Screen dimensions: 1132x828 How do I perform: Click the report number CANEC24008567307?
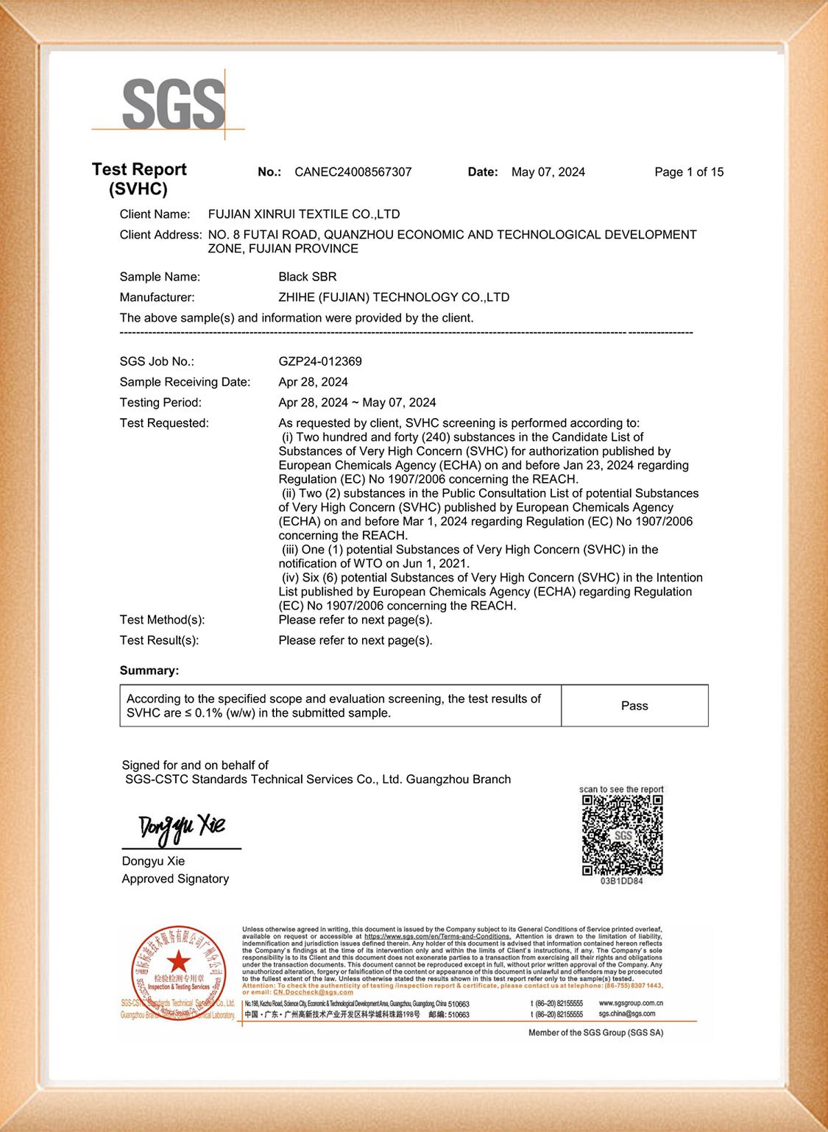(353, 172)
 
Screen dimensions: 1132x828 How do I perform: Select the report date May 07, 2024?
(548, 172)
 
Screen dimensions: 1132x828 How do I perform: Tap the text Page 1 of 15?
(689, 172)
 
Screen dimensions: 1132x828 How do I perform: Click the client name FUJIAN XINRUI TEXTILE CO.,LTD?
(304, 214)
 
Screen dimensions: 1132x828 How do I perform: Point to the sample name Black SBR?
(307, 277)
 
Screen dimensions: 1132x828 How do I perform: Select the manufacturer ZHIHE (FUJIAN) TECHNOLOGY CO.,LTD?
(393, 297)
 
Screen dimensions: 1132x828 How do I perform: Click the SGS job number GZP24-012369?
(319, 361)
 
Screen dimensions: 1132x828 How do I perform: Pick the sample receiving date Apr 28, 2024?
(313, 382)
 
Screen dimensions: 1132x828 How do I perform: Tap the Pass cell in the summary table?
(634, 706)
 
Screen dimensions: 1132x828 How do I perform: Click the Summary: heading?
(149, 671)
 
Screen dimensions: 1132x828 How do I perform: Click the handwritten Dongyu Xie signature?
(182, 828)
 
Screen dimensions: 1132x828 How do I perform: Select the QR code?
(622, 835)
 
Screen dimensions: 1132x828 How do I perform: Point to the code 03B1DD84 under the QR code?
(622, 881)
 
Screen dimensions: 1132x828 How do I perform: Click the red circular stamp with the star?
(177, 964)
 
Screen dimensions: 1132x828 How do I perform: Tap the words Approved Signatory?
(175, 879)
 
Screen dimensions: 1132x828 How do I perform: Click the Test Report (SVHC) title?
(139, 179)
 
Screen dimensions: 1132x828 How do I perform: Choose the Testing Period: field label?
(160, 403)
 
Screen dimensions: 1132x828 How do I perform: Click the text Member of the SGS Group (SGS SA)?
(595, 1033)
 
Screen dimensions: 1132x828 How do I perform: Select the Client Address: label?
(160, 235)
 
